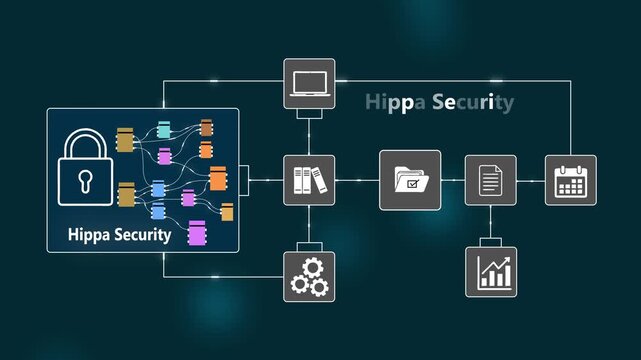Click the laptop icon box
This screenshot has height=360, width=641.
click(309, 84)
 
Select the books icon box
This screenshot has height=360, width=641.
click(309, 180)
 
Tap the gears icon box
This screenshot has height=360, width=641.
click(309, 275)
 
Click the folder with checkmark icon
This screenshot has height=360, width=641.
click(410, 180)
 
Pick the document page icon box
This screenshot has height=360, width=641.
click(490, 180)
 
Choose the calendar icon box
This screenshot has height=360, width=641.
click(570, 180)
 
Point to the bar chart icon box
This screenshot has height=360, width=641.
click(491, 271)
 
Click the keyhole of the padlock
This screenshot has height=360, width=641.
click(82, 181)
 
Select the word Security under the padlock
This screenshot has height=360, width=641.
click(141, 236)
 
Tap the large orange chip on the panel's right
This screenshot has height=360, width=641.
click(218, 179)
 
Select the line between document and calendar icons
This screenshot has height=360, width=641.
click(530, 180)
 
